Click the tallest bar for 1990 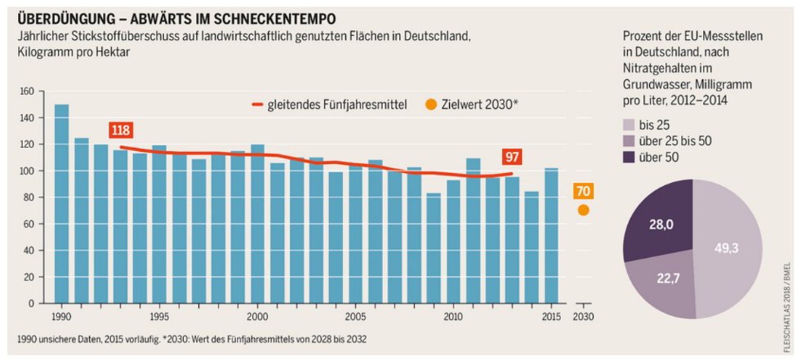(61, 204)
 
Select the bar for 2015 (551, 236)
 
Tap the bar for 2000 (257, 224)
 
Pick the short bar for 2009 (434, 248)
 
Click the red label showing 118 (120, 131)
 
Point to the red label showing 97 (512, 158)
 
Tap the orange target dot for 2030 (582, 210)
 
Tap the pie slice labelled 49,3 (727, 248)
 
